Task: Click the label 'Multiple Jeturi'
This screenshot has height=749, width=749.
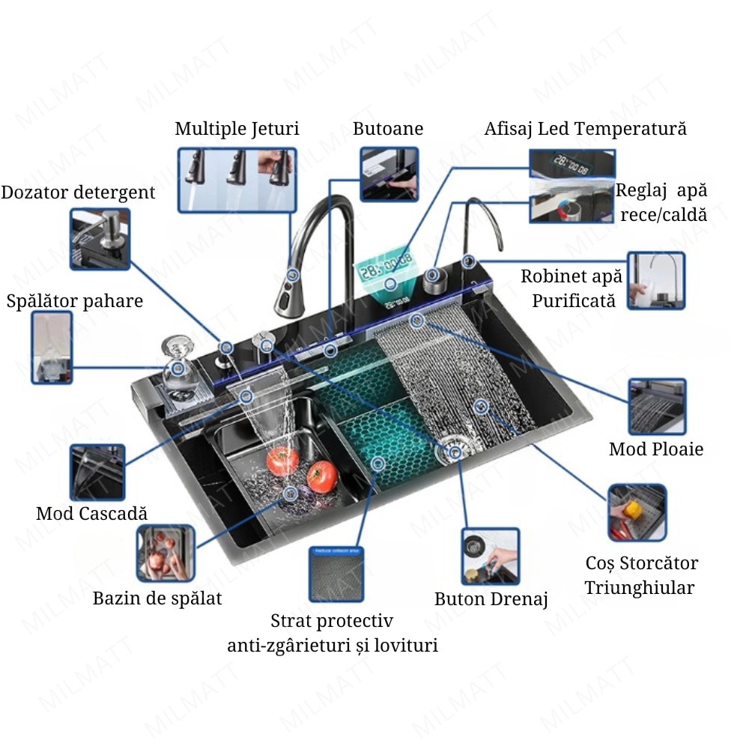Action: coord(237,129)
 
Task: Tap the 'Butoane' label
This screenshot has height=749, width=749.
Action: coord(388,129)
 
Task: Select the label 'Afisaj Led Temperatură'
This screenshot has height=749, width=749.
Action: coord(585,129)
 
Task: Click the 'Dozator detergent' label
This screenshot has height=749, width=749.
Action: coord(78,192)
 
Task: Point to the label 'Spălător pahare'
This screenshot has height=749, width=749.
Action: coord(74,301)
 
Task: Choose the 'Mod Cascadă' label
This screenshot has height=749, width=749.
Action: coord(91,514)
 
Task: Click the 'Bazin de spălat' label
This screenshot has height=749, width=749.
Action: coord(157,598)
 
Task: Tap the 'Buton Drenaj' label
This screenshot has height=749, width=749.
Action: coord(491,599)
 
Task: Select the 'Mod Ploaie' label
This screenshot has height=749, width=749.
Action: coord(656,449)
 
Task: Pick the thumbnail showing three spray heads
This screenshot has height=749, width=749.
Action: coord(237,179)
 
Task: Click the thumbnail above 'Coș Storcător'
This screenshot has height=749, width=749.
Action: coord(637,512)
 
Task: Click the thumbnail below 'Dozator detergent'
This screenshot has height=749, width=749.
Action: coord(100,239)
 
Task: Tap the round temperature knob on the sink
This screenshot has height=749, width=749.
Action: coord(434,280)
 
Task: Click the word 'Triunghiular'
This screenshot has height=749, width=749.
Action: coord(639,588)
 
